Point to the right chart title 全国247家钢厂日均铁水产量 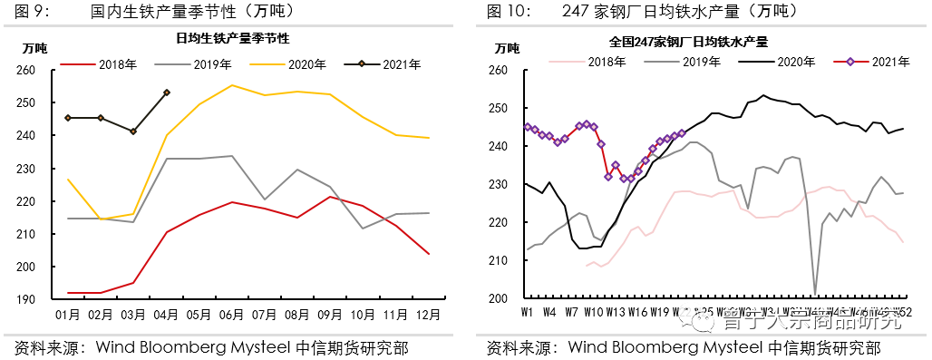[688, 42]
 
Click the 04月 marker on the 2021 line [167, 92]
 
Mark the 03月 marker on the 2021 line [133, 131]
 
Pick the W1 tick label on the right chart [526, 313]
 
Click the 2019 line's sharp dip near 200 [815, 295]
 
